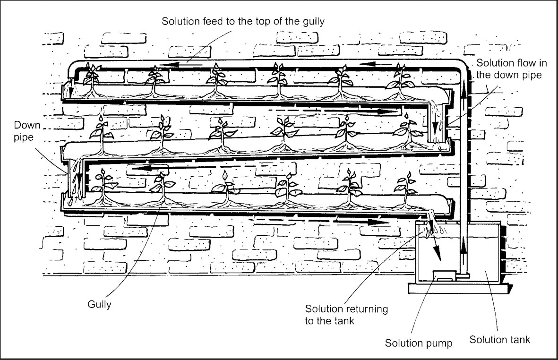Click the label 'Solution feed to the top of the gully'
click(x=243, y=21)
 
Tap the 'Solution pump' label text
click(x=419, y=343)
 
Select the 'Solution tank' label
click(x=499, y=340)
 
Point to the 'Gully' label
click(x=99, y=305)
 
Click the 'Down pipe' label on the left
click(x=27, y=131)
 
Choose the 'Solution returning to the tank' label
click(x=346, y=315)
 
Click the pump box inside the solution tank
click(x=445, y=276)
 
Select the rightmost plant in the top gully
click(x=400, y=80)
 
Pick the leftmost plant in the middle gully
click(x=102, y=135)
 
